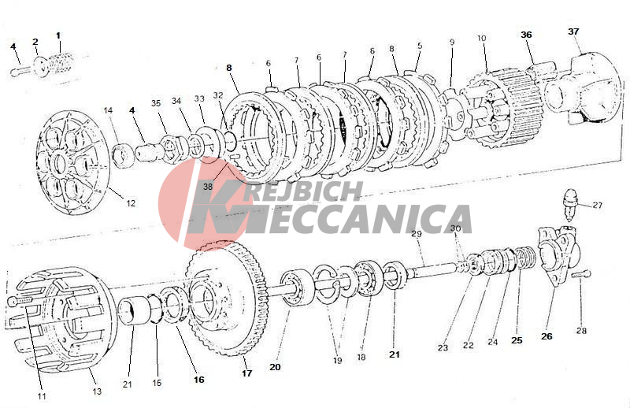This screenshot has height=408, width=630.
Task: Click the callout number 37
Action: pos(573,32)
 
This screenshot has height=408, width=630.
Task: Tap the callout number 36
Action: pos(526,35)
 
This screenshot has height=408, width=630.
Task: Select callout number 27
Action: pos(598,205)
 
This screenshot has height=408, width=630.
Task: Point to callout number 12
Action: pos(131,203)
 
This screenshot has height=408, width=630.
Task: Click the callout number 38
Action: pos(208,187)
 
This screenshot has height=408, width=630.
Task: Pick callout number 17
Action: pos(246,373)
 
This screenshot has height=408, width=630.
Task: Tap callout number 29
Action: pos(417,234)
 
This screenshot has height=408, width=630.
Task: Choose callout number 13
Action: pos(97,391)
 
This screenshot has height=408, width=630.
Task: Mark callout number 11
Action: pos(42,396)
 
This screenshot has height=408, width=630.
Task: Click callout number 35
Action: pos(156,103)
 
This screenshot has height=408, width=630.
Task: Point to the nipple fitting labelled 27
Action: pos(572,204)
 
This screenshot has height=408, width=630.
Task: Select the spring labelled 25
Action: pos(524,258)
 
